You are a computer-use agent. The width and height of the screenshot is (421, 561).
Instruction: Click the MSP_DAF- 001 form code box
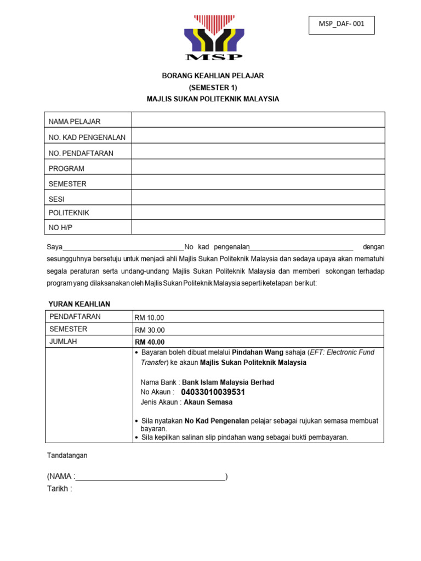point(342,25)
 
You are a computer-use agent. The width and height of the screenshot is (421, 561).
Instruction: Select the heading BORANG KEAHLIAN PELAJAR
point(213,76)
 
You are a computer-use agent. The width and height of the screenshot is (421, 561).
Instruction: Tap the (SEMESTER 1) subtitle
point(213,88)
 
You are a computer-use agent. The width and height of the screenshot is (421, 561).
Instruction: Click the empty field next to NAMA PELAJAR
point(258,120)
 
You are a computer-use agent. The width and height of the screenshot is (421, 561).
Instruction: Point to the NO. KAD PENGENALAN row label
point(87,137)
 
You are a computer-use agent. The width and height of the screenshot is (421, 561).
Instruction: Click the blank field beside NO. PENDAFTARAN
point(258,153)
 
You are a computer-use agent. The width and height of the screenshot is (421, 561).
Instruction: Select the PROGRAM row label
point(66,169)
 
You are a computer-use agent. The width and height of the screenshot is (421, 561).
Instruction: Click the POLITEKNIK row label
point(69,213)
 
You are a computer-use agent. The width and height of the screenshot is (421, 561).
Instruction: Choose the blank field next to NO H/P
point(258,227)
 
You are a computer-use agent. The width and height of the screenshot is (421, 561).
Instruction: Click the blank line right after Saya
point(124,248)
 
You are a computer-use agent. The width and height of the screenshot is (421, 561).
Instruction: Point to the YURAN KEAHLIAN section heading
point(79,304)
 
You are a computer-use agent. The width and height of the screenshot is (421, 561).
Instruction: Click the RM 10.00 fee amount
point(150,318)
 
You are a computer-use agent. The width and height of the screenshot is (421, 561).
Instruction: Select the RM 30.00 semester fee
point(150,330)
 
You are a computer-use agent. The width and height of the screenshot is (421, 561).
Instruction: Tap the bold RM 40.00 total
point(150,342)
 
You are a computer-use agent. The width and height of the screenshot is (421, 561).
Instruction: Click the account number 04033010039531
point(213,392)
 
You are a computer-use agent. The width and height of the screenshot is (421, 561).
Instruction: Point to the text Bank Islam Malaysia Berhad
point(228,382)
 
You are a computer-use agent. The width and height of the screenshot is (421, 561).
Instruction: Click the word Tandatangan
point(67,455)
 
